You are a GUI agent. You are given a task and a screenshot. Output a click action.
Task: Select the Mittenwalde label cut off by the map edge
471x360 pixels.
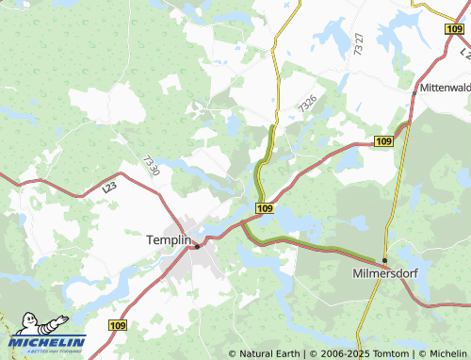coord(444,87)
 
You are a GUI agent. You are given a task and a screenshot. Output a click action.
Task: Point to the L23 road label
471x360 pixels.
coord(110,188)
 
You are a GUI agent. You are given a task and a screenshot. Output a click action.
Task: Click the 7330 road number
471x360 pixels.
coord(152,169)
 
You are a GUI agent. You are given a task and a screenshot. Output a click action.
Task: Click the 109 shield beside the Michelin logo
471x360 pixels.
coord(117,325)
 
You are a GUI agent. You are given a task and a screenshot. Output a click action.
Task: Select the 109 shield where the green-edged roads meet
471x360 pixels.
coord(265,207)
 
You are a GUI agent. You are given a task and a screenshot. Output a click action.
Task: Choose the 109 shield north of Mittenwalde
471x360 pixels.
coord(456,30)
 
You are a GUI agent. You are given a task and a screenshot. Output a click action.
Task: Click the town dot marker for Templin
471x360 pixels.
coord(196,246)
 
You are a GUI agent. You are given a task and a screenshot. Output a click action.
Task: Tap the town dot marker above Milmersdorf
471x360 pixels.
coord(384,260)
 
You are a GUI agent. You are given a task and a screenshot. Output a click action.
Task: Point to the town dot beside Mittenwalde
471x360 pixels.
coord(414,91)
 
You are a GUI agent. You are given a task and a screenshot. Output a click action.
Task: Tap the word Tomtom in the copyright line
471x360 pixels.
coord(383,353)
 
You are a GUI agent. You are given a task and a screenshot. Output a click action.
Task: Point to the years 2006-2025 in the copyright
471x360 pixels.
coord(339,353)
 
